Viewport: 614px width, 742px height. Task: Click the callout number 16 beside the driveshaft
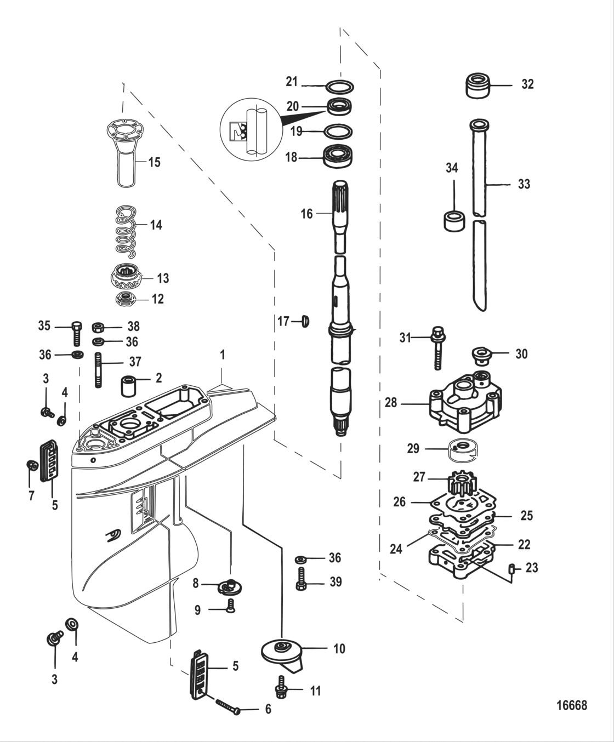pos(306,214)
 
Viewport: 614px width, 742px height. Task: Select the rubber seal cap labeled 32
pos(477,85)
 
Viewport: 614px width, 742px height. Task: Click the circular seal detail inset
pos(246,132)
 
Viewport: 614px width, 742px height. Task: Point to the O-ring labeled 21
pos(339,86)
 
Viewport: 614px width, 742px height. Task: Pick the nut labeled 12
pos(127,299)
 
